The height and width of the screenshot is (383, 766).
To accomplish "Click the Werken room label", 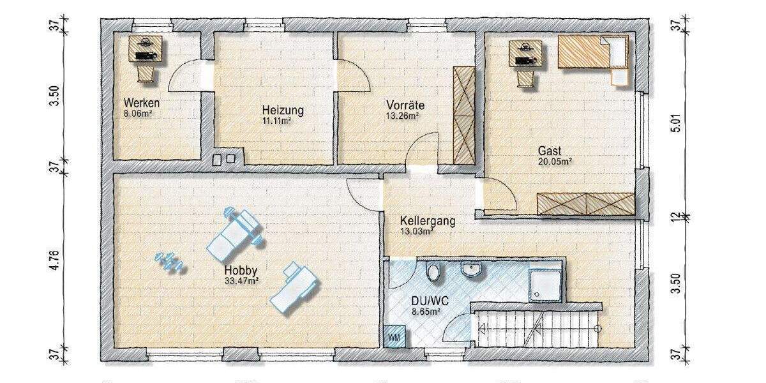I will click(142, 103).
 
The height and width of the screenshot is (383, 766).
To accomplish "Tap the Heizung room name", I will click(283, 110).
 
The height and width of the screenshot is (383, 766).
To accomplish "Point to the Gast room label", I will click(550, 151).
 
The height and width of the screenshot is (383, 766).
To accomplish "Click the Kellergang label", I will click(428, 222).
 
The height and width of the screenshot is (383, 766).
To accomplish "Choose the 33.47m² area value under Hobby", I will click(241, 280).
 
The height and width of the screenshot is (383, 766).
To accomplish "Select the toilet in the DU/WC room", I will click(434, 273).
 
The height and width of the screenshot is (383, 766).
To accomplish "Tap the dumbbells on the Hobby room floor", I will click(169, 261).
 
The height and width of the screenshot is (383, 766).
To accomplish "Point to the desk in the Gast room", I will click(525, 54).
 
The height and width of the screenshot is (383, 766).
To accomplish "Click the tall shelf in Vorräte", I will click(463, 114).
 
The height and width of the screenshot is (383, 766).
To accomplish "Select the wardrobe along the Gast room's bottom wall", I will click(586, 204).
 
